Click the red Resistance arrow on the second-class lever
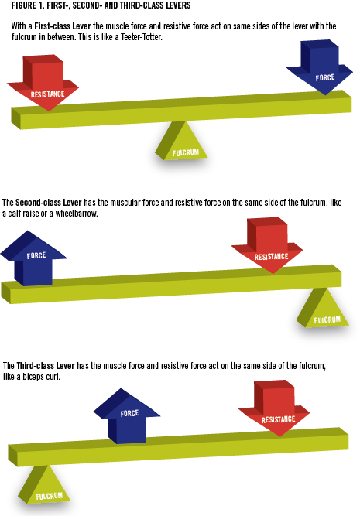(x=267, y=248)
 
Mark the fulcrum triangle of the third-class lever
(x=44, y=486)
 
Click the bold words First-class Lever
(x=63, y=26)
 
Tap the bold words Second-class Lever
(x=49, y=203)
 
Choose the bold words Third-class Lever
(x=46, y=366)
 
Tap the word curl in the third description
(x=53, y=377)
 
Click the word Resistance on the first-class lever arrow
(x=47, y=94)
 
